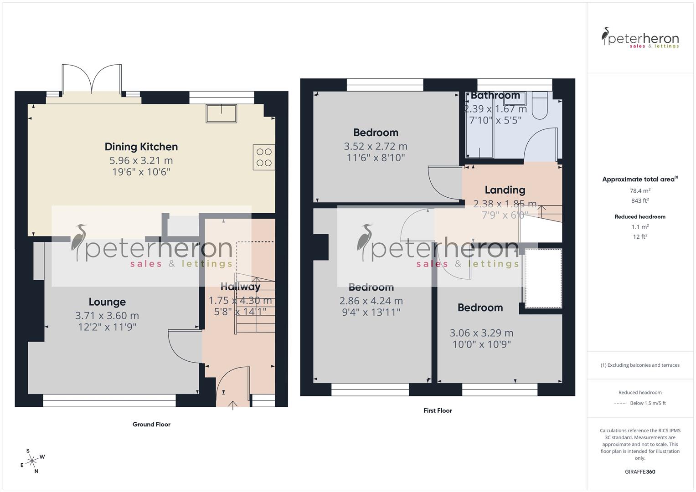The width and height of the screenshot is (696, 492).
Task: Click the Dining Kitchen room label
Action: coord(141,147)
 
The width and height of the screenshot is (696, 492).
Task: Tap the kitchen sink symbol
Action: coord(222,113)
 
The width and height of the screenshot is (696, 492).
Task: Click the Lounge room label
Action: coord(107,302)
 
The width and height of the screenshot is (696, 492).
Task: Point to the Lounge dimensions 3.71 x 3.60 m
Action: coord(107,315)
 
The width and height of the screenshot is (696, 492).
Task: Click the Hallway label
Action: coord(240,287)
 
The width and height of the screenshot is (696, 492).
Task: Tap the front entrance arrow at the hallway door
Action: coord(233,405)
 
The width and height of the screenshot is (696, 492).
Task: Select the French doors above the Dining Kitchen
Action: coord(93,80)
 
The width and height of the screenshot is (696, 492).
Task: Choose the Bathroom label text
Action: coord(495,96)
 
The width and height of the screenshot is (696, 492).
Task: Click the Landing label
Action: coord(505,190)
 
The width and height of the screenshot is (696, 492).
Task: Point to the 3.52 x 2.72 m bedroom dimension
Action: coord(376,146)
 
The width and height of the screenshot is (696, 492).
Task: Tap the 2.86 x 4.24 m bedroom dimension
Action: coord(371,301)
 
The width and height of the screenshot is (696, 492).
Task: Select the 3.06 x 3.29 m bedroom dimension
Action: coord(481,333)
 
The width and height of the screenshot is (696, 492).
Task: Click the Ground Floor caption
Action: coord(151,424)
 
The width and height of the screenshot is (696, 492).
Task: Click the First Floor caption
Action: coord(438,410)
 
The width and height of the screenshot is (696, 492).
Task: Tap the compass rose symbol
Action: coord(32,461)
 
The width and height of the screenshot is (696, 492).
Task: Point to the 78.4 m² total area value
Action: coord(640,191)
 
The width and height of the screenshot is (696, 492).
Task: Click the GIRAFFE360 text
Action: coord(640,471)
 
